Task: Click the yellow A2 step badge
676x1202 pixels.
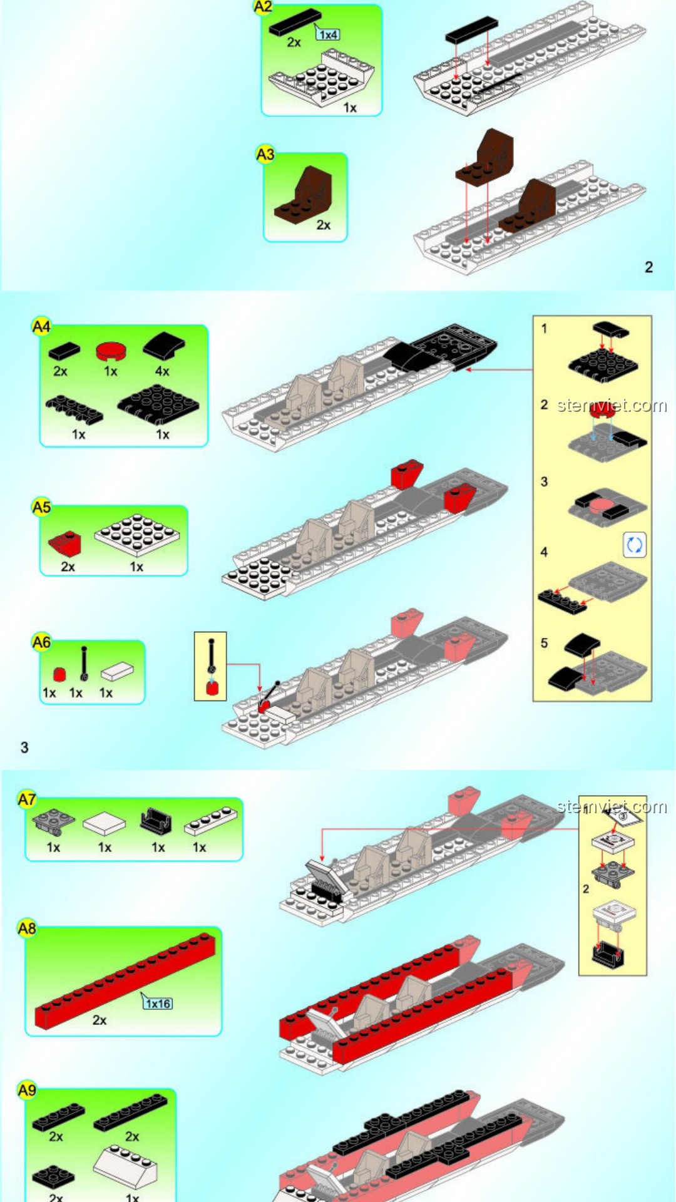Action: click(x=263, y=7)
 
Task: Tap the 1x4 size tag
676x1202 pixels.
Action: click(x=328, y=34)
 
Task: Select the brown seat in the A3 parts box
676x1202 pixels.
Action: click(x=304, y=195)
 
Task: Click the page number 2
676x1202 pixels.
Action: click(x=649, y=267)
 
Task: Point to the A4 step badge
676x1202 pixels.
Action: click(x=41, y=327)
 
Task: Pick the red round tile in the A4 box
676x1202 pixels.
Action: click(x=111, y=350)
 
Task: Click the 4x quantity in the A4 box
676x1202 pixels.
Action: click(x=162, y=371)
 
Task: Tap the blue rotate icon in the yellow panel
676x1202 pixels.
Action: click(x=635, y=545)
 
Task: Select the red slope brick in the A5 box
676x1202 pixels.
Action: click(x=65, y=545)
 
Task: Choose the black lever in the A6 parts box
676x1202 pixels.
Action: click(x=84, y=664)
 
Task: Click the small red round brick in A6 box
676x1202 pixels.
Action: click(x=59, y=674)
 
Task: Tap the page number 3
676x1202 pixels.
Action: click(x=24, y=747)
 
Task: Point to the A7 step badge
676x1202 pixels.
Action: click(x=27, y=799)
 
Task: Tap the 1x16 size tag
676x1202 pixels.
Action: click(x=158, y=1004)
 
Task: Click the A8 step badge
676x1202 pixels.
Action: click(x=27, y=928)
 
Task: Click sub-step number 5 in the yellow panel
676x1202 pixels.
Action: click(x=544, y=643)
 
